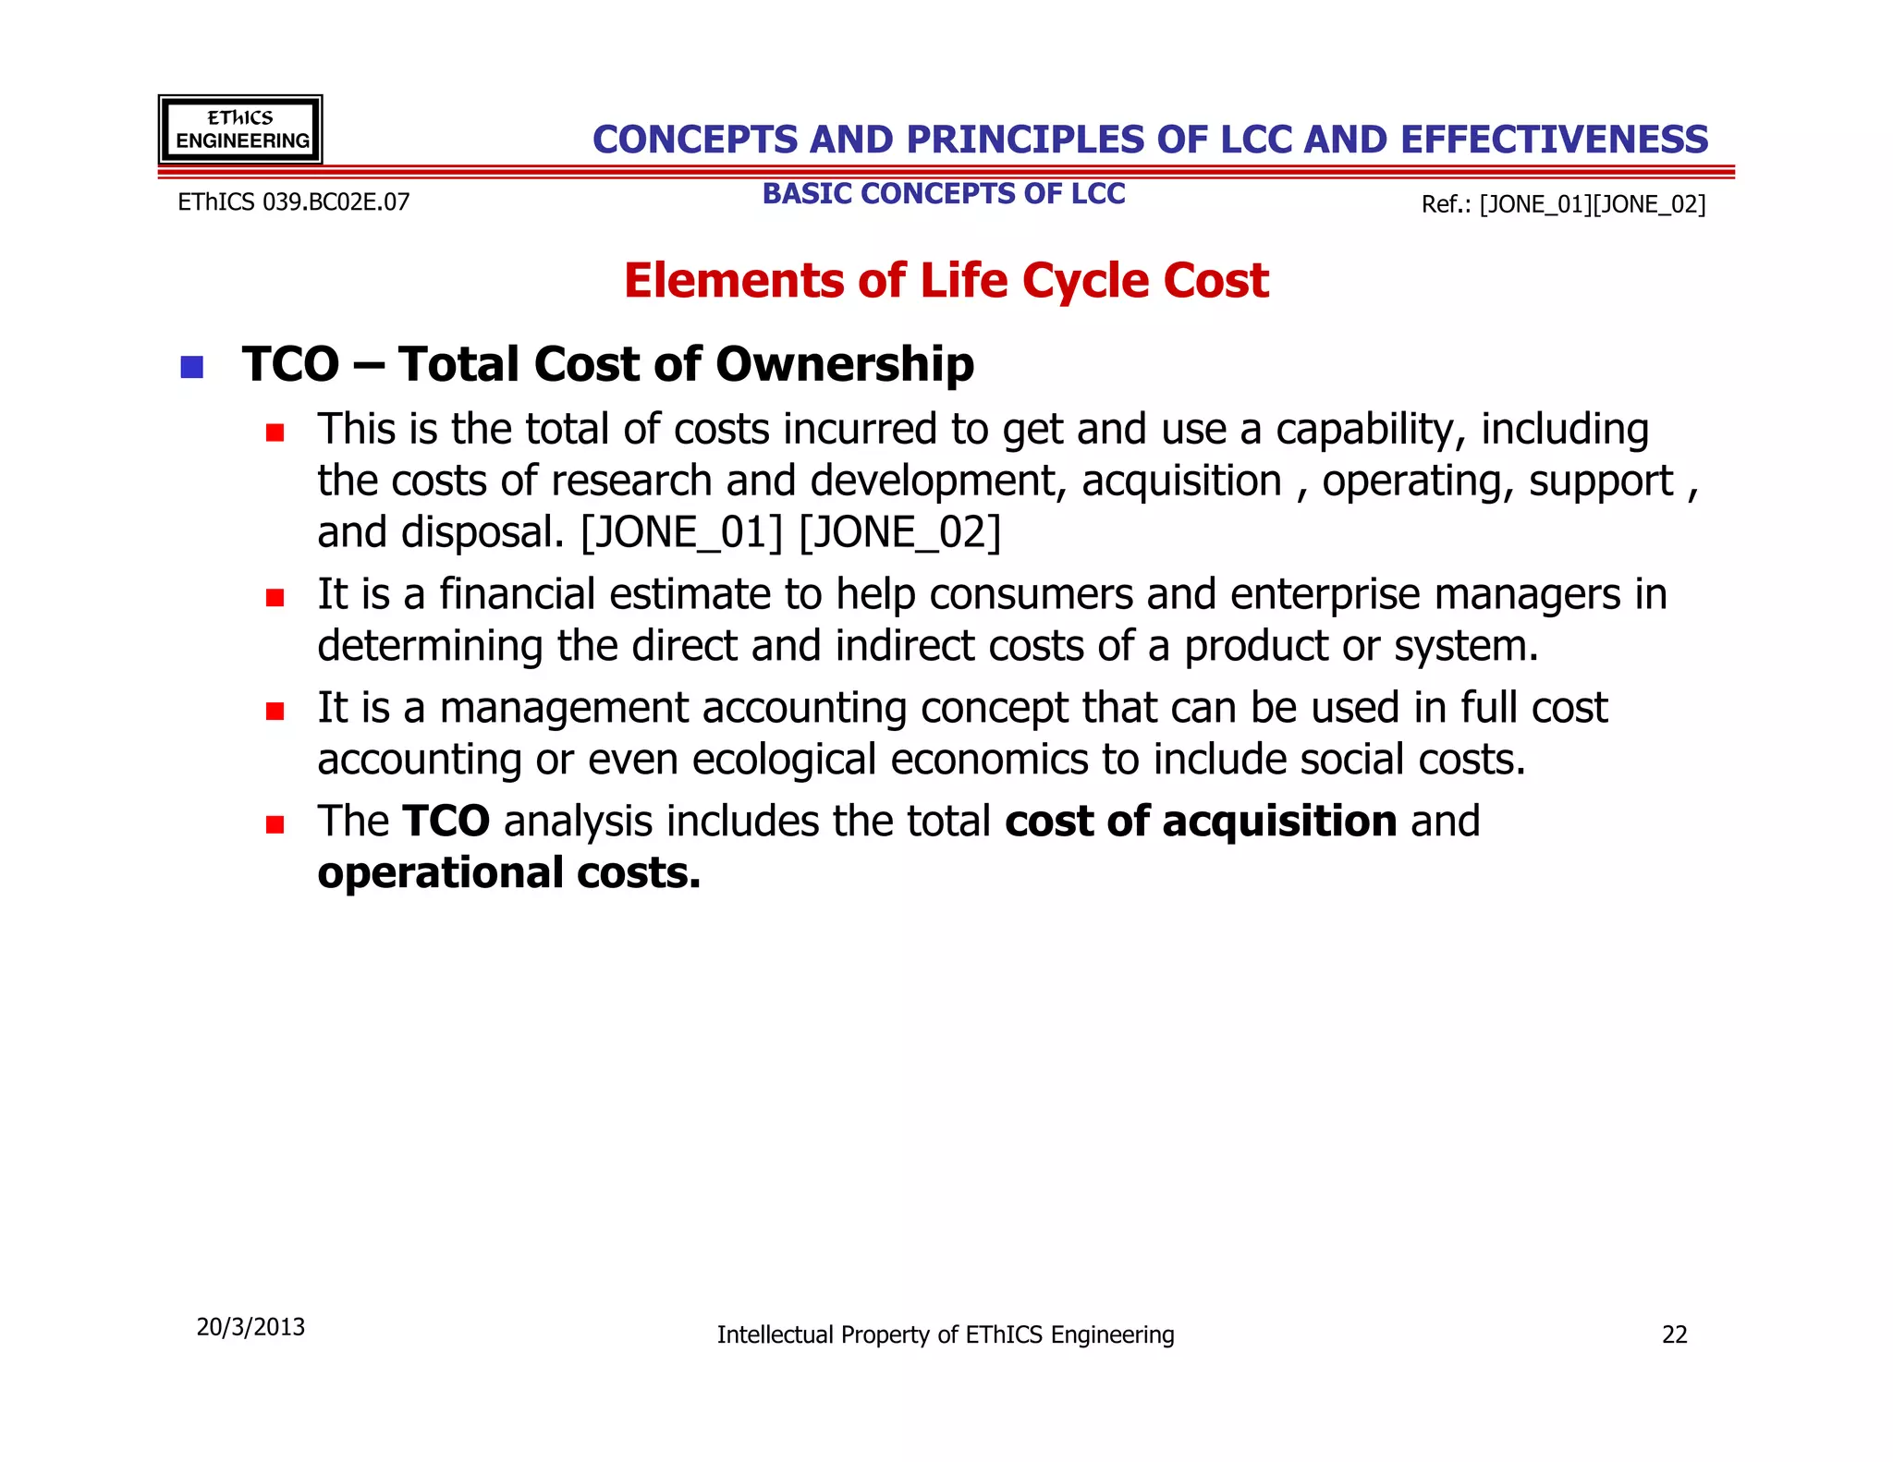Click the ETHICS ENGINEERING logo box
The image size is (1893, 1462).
tap(240, 129)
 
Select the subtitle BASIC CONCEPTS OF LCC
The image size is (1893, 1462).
tap(944, 194)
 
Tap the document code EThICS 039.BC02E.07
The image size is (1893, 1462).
tap(293, 202)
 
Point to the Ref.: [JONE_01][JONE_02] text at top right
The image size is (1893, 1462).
tap(1563, 204)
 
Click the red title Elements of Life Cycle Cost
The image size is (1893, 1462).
tap(946, 281)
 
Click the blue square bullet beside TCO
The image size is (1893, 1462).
tap(192, 367)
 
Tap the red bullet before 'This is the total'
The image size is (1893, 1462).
tap(275, 433)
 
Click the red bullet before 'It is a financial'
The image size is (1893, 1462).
tap(275, 598)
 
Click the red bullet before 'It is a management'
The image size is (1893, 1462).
tap(275, 712)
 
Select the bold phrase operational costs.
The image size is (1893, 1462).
tap(508, 873)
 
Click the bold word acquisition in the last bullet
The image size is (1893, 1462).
tap(1279, 822)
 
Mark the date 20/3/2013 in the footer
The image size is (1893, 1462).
tap(250, 1327)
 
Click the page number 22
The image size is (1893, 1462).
tap(1674, 1334)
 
